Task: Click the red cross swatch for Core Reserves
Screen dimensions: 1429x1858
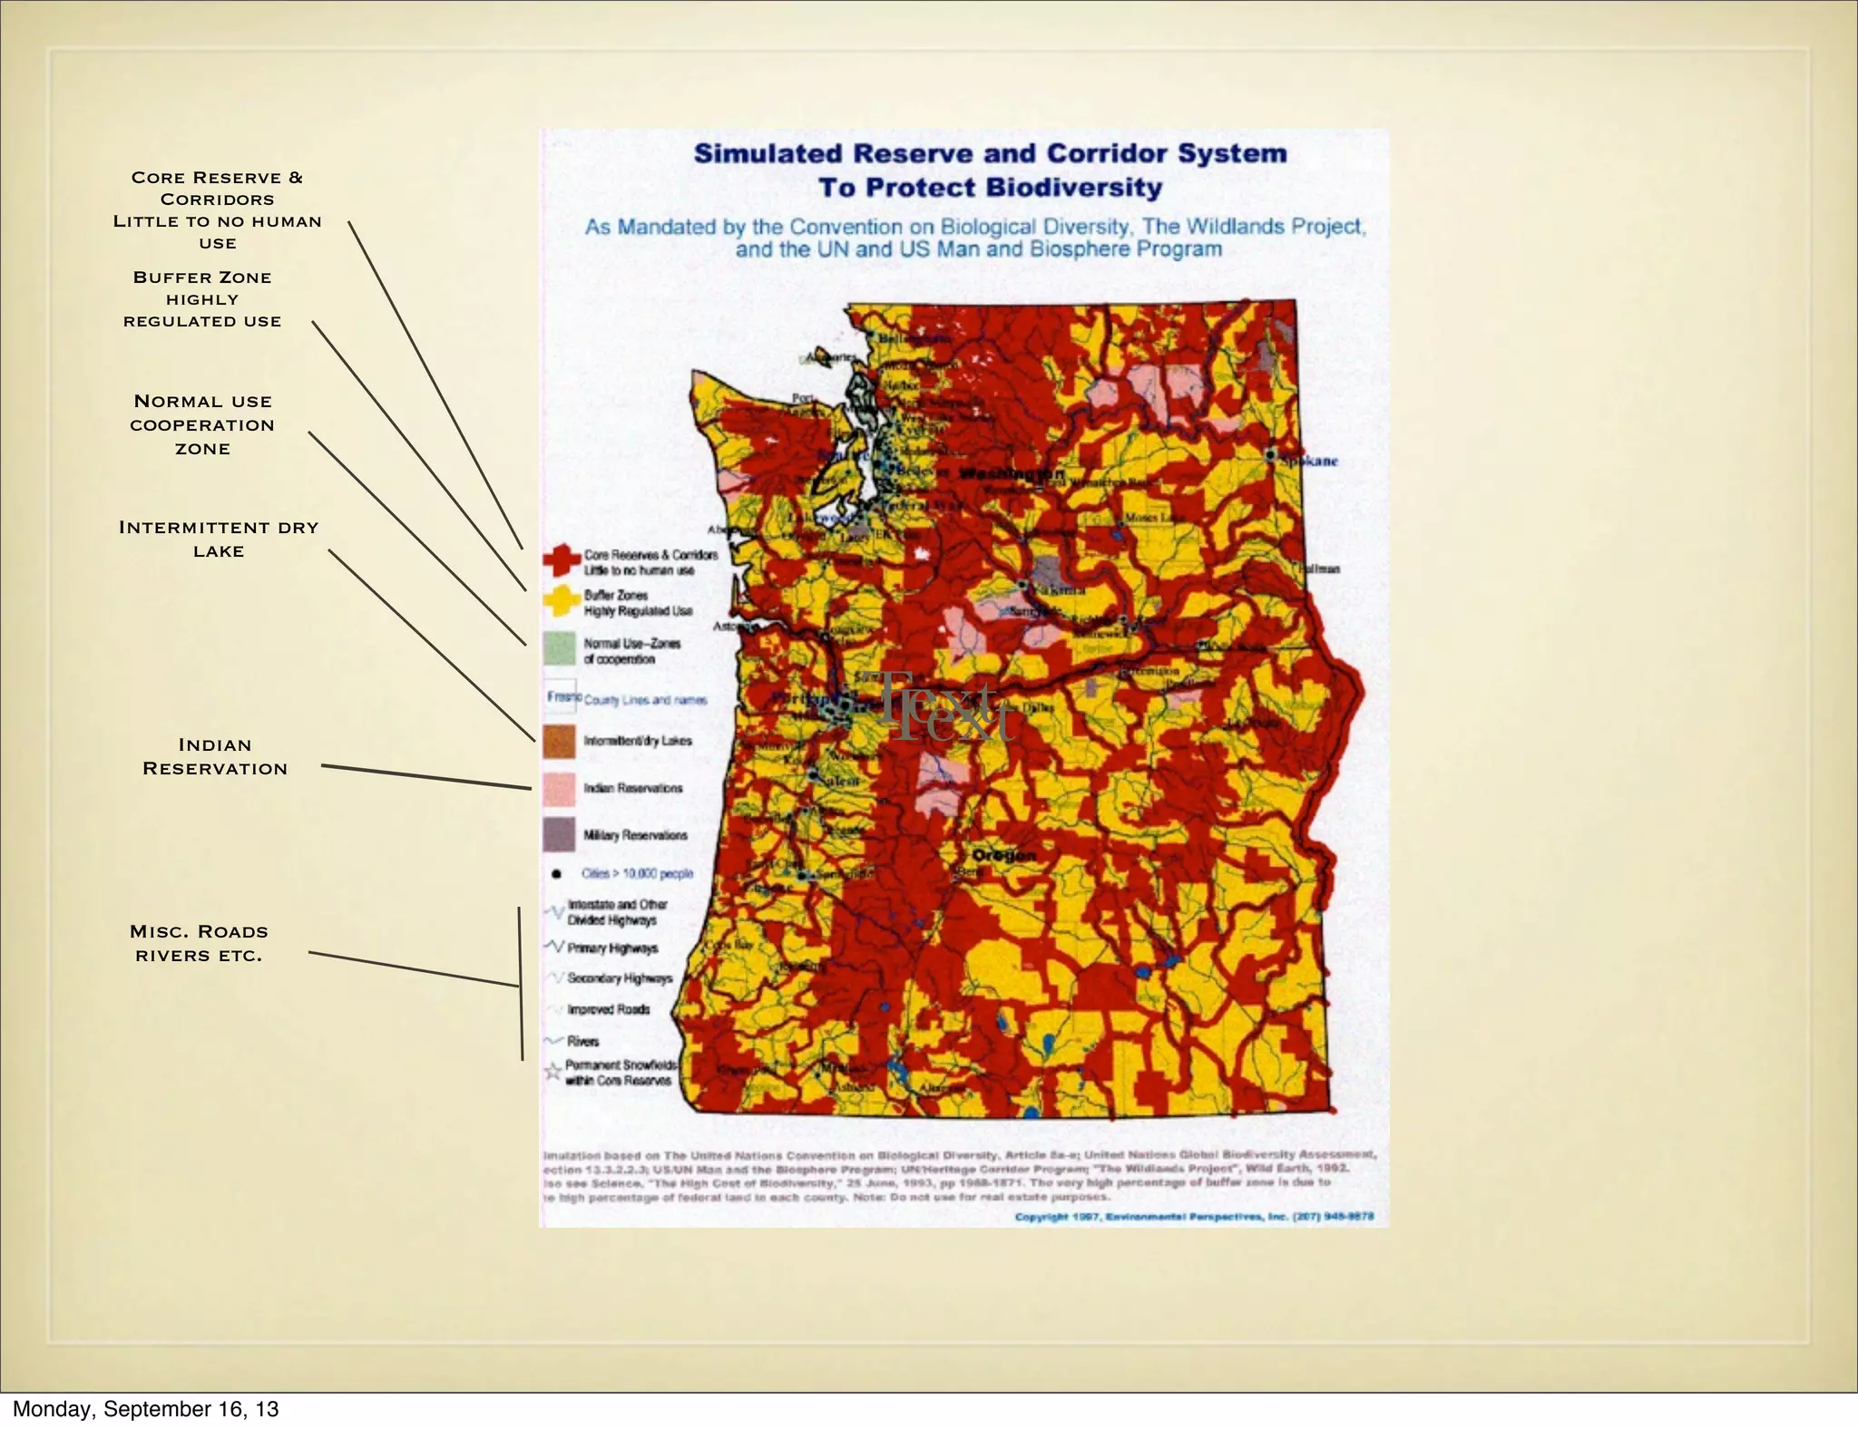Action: click(x=562, y=560)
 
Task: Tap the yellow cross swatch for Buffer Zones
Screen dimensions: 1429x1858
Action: click(x=562, y=601)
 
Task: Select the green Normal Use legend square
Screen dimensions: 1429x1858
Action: click(x=560, y=649)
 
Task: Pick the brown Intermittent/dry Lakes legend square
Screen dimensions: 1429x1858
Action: click(x=560, y=741)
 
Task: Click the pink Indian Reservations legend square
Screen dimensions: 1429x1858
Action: click(x=560, y=789)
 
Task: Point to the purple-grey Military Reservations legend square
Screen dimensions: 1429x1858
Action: click(x=560, y=835)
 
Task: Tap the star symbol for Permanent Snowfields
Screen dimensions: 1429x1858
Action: click(x=552, y=1073)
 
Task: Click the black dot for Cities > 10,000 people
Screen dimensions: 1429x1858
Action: click(x=555, y=874)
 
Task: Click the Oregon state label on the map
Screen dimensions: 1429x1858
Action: click(x=1003, y=855)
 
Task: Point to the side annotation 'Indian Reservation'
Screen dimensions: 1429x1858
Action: click(x=215, y=756)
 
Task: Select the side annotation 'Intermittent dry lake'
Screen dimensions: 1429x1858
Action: click(x=219, y=539)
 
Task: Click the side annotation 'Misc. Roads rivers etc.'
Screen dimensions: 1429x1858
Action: click(x=199, y=943)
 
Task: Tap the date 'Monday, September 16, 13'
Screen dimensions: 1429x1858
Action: click(x=145, y=1409)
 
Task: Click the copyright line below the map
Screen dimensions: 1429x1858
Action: click(x=1194, y=1217)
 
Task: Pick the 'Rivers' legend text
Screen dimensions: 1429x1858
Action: click(x=583, y=1041)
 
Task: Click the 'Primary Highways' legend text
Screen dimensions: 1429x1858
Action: click(x=612, y=948)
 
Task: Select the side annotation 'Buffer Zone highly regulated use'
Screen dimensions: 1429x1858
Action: click(x=202, y=299)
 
